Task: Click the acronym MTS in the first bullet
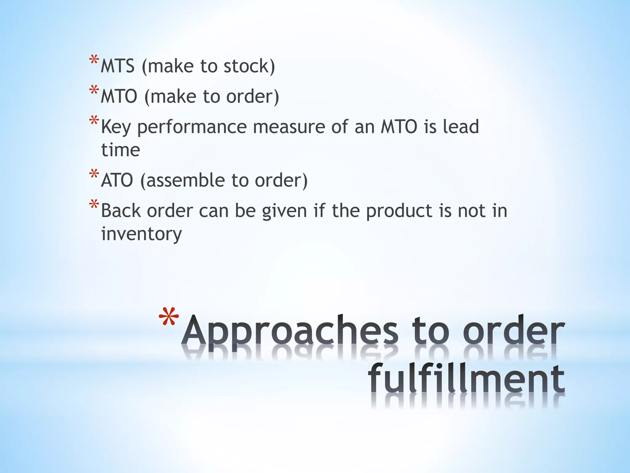(x=118, y=66)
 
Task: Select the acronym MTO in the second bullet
(x=119, y=96)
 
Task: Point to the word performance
(x=192, y=127)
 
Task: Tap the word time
(x=121, y=150)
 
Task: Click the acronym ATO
(x=117, y=180)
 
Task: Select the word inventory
(x=142, y=234)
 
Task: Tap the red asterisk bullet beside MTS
(x=94, y=60)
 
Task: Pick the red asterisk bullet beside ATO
(x=94, y=175)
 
